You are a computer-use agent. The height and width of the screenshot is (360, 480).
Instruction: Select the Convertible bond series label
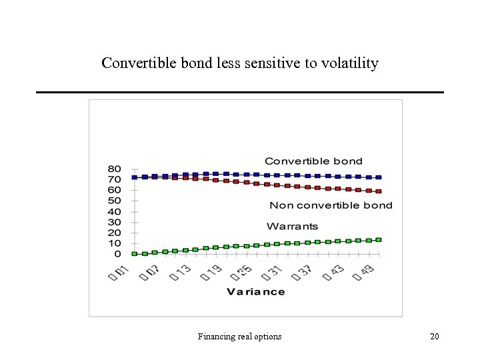313,161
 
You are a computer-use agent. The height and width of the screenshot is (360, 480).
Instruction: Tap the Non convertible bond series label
331,205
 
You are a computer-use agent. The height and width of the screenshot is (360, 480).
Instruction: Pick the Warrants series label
292,226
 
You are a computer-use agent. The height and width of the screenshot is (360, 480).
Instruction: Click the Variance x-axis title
255,291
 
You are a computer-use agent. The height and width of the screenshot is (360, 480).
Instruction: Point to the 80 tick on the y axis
115,169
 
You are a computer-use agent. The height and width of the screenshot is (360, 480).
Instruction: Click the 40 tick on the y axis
115,211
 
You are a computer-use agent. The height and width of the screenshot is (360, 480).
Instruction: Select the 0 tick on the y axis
117,254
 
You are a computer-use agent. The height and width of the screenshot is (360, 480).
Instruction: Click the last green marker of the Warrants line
379,239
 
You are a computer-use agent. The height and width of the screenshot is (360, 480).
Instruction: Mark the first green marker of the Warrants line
135,254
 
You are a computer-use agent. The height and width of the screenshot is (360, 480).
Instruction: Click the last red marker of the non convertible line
379,191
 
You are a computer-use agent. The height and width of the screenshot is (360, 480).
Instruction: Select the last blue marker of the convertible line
379,177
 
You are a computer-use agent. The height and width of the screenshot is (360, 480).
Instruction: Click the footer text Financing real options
239,337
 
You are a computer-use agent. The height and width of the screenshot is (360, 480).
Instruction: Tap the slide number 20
435,337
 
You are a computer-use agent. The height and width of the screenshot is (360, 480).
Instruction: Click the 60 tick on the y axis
115,190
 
